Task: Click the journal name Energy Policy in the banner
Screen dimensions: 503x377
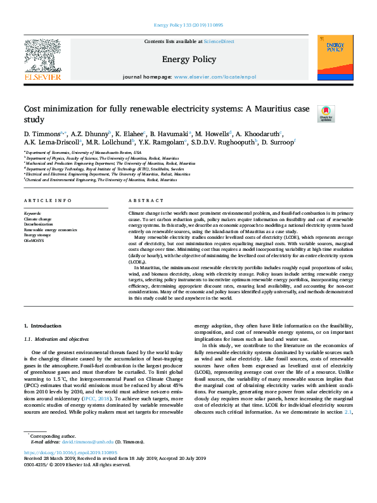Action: [x=188, y=60]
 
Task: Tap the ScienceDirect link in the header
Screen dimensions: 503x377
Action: [x=219, y=42]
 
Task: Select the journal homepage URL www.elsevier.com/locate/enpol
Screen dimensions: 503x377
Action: [x=215, y=77]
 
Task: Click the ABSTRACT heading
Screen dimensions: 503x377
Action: [x=142, y=201]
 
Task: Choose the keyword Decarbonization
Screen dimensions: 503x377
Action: [x=39, y=224]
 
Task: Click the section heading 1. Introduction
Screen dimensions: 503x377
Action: [x=42, y=326]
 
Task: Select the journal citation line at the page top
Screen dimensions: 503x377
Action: [x=188, y=25]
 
